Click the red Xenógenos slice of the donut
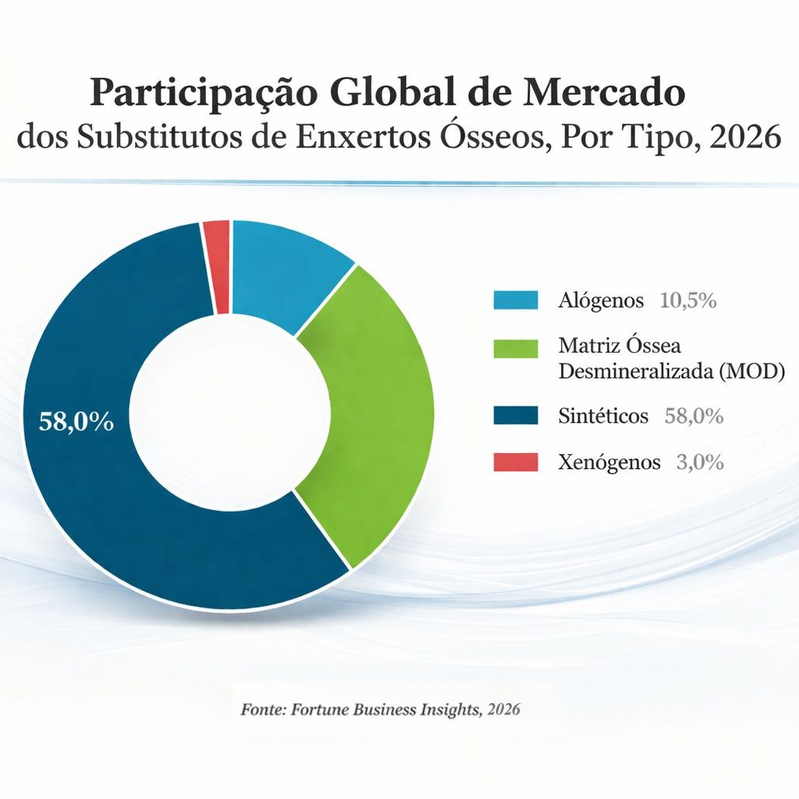tap(217, 265)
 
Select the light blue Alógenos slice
tap(285, 269)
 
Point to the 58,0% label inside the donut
tap(76, 422)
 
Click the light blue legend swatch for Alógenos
tap(516, 300)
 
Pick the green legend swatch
tap(516, 347)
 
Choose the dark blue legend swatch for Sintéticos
tap(516, 416)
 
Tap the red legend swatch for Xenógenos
tap(516, 462)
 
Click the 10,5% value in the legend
tap(688, 300)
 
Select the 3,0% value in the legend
tap(700, 462)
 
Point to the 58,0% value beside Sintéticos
tap(694, 416)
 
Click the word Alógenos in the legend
tap(601, 300)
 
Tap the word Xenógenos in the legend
tap(609, 462)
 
